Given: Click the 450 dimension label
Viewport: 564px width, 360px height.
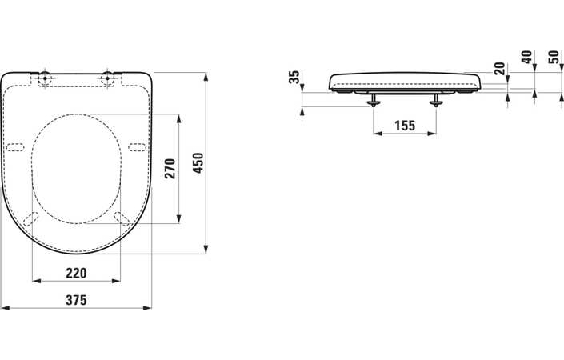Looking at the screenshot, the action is (198, 163).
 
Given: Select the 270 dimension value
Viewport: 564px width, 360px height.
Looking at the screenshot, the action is (170, 169).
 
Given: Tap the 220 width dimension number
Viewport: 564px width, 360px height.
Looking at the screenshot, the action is (76, 274).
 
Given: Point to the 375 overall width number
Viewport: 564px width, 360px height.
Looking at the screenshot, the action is (76, 300).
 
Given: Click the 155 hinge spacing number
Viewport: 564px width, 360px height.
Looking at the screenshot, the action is (405, 126).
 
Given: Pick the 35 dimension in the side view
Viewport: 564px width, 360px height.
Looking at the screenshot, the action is (294, 77).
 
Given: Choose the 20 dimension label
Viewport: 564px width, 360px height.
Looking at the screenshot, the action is (500, 68).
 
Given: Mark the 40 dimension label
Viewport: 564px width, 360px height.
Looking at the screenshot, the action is (527, 57).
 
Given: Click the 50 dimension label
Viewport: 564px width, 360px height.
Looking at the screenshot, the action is (554, 57).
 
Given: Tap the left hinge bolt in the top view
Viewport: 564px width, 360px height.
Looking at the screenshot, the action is (45, 78).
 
